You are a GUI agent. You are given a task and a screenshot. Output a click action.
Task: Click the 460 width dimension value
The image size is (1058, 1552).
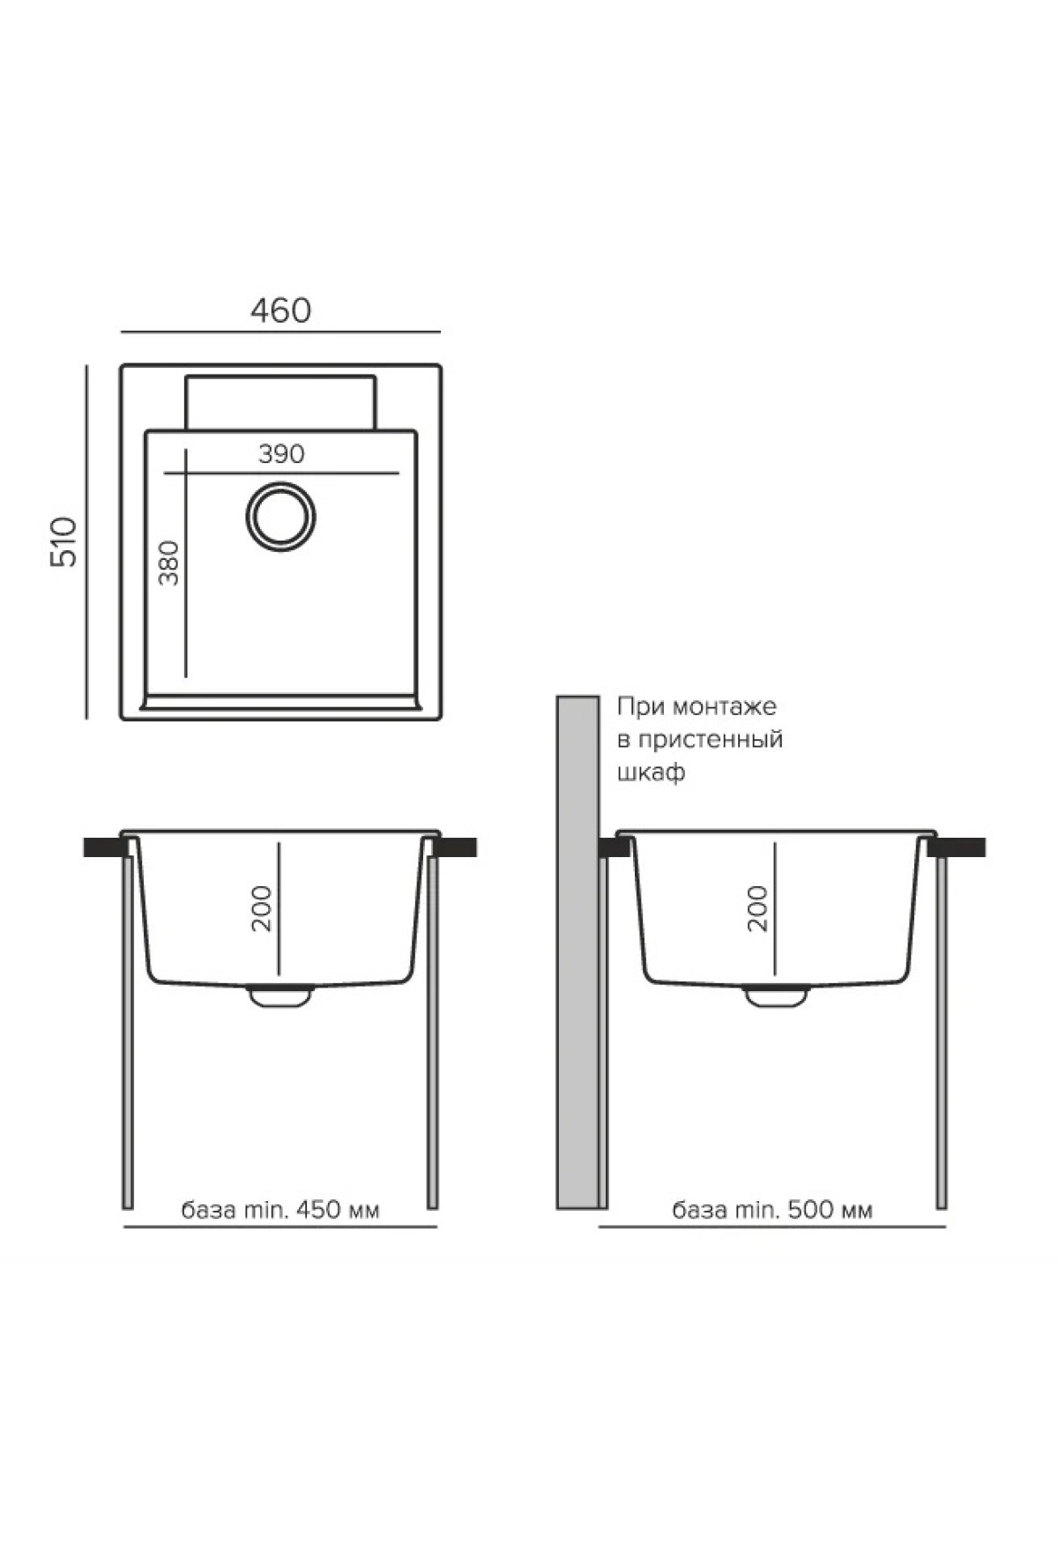point(280,310)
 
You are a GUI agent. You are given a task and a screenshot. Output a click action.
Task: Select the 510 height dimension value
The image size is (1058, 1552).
point(64,541)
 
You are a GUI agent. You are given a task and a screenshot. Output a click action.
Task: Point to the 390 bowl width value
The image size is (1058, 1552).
point(281,454)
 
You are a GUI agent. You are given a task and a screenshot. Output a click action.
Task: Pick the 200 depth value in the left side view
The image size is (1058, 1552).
point(262,907)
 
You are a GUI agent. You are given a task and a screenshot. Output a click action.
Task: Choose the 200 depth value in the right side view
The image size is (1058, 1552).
point(757,907)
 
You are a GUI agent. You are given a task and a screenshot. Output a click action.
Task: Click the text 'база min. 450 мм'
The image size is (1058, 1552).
point(280,1209)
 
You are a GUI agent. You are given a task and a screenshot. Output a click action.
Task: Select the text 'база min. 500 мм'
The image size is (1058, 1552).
point(772,1209)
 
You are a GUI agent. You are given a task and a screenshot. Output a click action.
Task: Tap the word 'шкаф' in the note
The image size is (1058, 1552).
point(651,773)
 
